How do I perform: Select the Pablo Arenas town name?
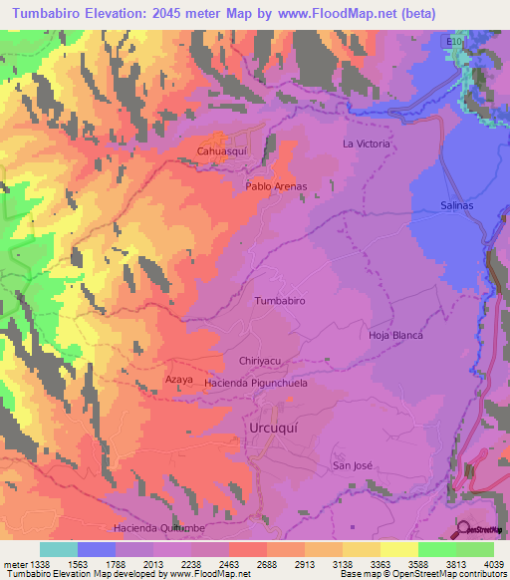[x=276, y=186]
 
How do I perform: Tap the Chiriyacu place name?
[x=263, y=362]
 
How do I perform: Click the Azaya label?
[x=178, y=380]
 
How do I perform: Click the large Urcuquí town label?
[x=274, y=428]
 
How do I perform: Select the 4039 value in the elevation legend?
[x=493, y=563]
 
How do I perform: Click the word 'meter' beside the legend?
[x=13, y=563]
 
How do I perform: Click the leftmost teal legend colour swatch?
[x=58, y=549]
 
